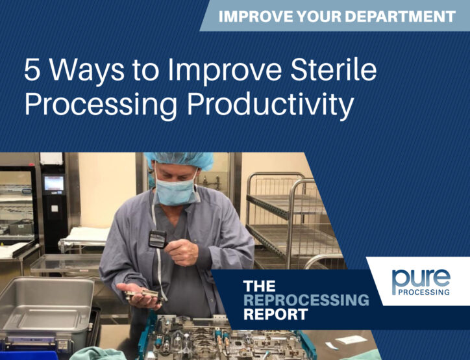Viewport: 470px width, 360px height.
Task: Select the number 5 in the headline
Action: (32, 70)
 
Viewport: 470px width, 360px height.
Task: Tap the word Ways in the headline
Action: (87, 72)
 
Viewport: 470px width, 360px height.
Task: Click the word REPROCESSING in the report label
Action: (306, 300)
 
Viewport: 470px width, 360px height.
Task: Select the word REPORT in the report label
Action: (275, 314)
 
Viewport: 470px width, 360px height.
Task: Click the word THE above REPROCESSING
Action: (259, 286)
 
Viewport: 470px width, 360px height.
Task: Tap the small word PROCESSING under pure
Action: (423, 292)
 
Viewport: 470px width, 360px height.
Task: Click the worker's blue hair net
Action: (180, 160)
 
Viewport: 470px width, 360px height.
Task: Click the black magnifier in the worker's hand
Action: (158, 238)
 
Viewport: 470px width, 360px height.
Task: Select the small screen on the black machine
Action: (55, 183)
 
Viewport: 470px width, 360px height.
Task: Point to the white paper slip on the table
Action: (351, 340)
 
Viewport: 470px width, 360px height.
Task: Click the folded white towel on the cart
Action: (86, 235)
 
